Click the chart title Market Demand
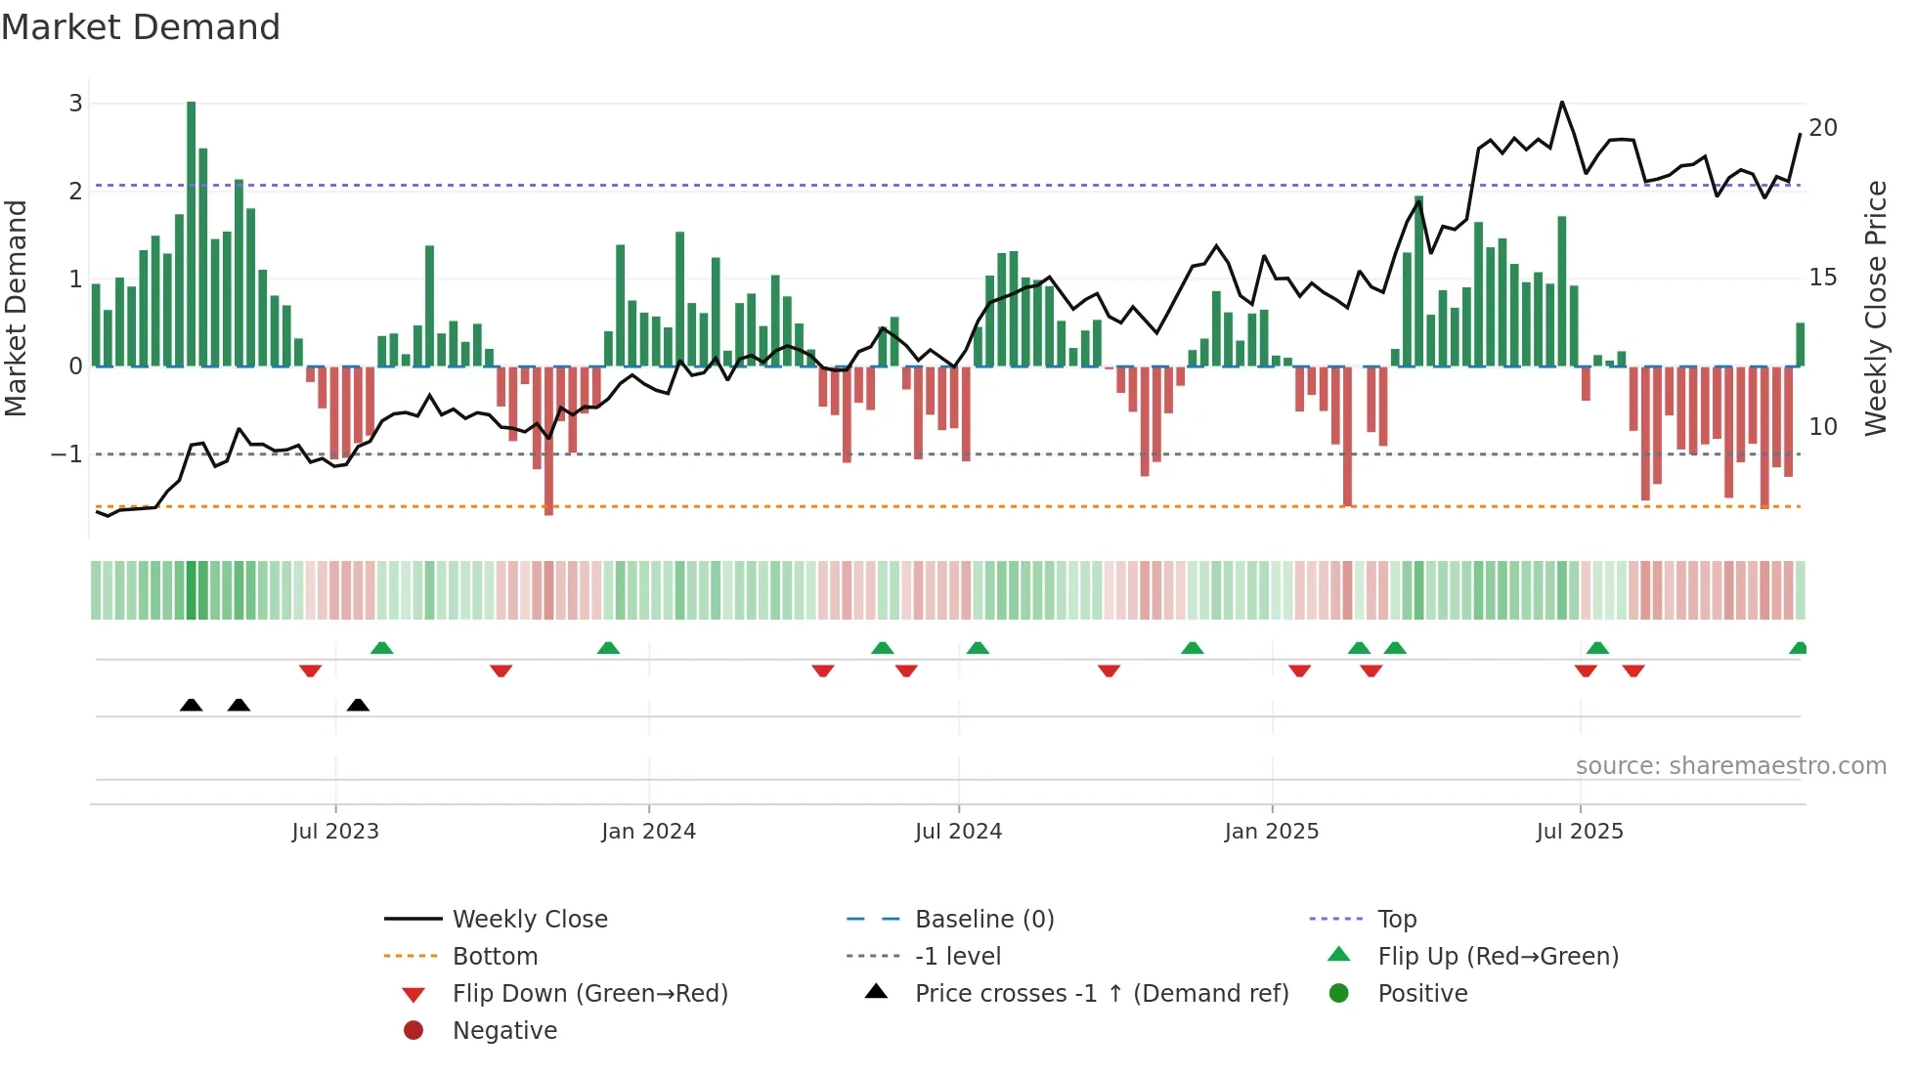click(141, 27)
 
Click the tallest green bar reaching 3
click(192, 235)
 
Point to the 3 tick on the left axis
click(75, 104)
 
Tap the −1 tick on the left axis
click(66, 454)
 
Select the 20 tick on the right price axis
click(1823, 128)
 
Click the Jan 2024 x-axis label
click(648, 832)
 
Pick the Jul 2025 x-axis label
click(1580, 832)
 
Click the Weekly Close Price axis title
click(1875, 308)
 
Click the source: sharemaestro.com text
click(1730, 766)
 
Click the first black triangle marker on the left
click(192, 705)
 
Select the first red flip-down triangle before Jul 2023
click(310, 670)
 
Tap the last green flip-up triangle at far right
click(1798, 648)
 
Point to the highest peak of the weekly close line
click(1562, 102)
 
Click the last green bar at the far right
click(1800, 345)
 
